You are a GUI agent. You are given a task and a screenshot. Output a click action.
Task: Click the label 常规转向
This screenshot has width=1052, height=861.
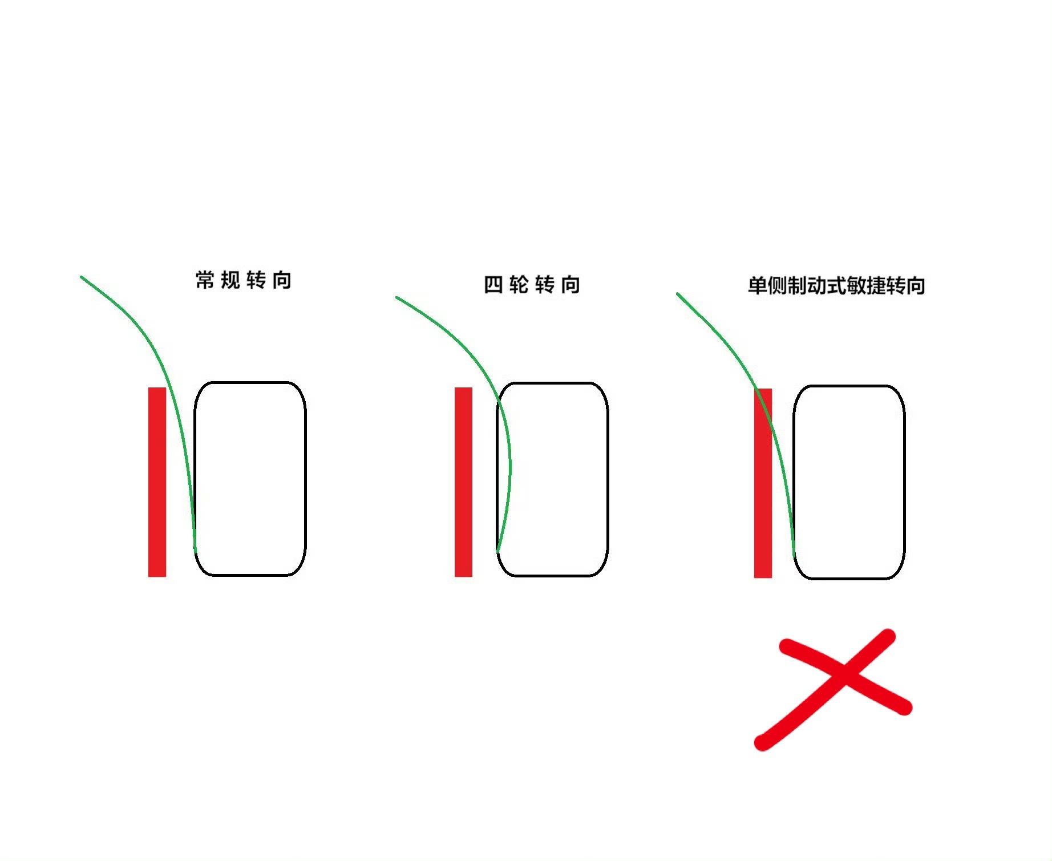click(244, 280)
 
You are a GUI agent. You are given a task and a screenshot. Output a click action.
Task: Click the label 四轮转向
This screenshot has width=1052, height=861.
click(532, 284)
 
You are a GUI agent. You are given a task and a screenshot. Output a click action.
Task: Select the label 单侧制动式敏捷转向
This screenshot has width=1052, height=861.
click(836, 285)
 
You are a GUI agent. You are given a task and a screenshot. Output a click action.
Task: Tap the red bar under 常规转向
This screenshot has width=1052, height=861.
click(157, 482)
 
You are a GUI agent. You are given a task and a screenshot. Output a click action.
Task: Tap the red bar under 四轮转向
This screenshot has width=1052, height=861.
click(463, 482)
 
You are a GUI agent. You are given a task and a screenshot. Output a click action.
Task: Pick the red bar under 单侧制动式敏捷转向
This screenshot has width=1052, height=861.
click(763, 483)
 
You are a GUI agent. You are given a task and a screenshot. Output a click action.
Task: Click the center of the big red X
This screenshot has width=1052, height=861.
click(844, 675)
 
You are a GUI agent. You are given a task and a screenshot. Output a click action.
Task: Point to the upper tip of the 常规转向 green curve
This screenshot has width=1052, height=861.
click(81, 277)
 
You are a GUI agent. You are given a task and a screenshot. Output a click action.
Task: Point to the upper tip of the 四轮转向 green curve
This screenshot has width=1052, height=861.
click(396, 297)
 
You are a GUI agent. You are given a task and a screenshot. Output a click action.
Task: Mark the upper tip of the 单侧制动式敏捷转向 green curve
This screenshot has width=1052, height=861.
click(677, 294)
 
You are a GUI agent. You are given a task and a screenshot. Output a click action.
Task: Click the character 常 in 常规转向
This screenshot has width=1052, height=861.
click(205, 280)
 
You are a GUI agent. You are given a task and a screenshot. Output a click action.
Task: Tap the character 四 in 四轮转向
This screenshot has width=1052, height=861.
click(493, 284)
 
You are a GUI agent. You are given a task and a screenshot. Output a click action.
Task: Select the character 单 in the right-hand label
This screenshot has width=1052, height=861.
click(757, 285)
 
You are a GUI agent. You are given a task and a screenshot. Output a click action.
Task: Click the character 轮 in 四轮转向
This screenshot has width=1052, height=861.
click(519, 284)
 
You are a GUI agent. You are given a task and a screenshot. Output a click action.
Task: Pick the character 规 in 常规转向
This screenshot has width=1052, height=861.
click(230, 280)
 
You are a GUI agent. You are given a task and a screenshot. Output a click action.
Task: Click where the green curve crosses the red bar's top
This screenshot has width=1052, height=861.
click(756, 389)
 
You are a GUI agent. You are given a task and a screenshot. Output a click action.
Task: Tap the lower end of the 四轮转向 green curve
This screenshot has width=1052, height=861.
click(498, 551)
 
